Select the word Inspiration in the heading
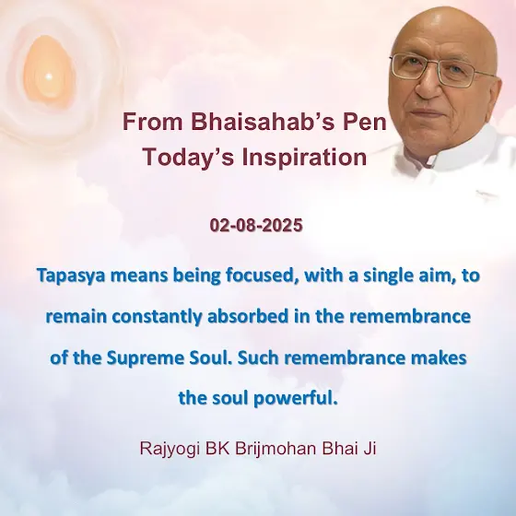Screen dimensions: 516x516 [304, 157]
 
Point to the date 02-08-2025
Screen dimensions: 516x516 [256, 226]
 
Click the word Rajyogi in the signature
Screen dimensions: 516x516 [170, 449]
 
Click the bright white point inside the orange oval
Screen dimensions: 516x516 [48, 77]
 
